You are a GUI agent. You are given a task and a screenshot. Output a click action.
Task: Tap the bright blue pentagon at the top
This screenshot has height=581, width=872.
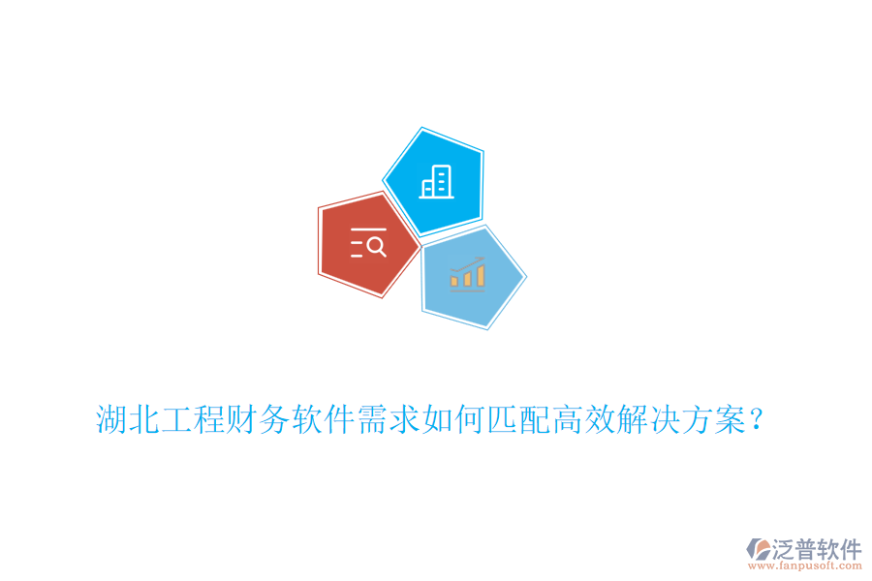point(435,180)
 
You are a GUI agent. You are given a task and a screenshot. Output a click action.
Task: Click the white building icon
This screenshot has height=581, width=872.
point(435,181)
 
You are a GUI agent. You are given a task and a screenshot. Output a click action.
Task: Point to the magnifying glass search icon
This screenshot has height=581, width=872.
point(369,245)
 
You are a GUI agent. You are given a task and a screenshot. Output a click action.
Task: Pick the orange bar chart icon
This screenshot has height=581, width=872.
point(467,275)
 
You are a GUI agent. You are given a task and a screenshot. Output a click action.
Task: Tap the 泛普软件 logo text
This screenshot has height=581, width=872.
point(816,549)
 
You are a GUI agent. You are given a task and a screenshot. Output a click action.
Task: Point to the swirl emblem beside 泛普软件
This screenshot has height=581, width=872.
point(758,551)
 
